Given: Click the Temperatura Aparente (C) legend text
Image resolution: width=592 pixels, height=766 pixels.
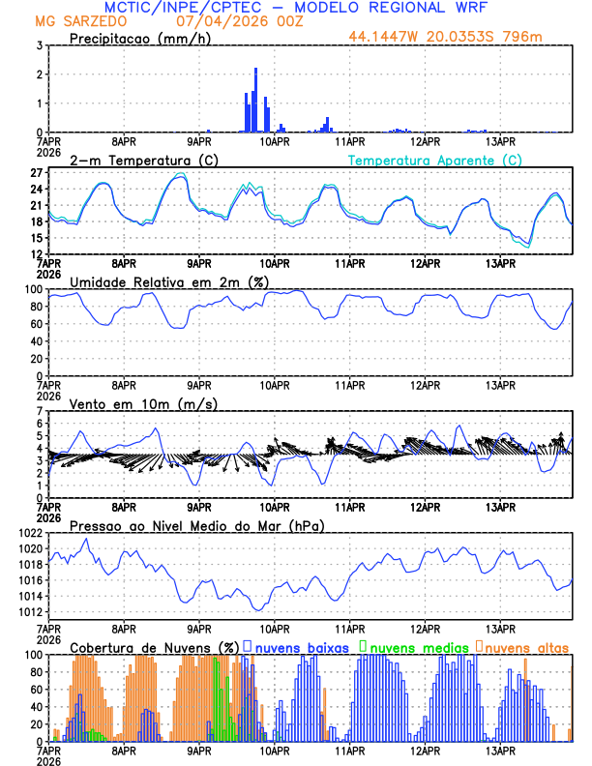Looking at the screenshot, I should [435, 160].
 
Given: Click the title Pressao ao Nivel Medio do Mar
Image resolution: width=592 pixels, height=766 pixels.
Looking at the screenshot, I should [196, 525].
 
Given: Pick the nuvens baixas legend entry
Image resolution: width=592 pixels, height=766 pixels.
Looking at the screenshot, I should [301, 646].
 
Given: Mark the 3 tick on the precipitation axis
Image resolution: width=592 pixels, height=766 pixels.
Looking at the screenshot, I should [39, 45].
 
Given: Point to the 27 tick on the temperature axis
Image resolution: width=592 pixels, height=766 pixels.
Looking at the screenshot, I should [36, 173].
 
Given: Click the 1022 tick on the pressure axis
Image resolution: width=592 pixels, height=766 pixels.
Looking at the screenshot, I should [30, 533].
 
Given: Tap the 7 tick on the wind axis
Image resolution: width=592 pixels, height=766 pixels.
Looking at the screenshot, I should [39, 411].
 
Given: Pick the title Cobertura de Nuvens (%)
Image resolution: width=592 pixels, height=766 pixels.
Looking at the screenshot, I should [154, 646].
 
